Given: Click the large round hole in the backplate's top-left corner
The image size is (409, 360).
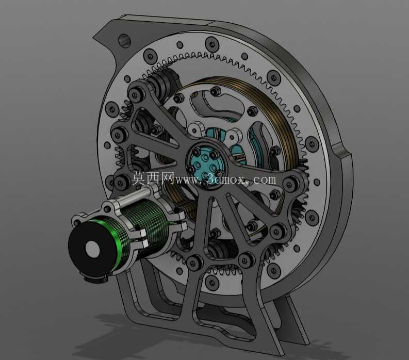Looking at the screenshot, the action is coord(124,40).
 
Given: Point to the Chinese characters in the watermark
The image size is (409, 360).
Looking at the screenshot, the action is coord(153,178).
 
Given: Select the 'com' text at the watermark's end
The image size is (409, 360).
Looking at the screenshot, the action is coord(265,179).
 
